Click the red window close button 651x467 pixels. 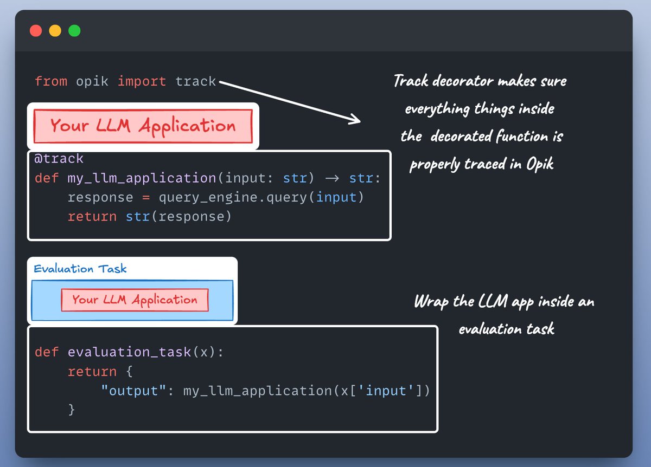point(36,31)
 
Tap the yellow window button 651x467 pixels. point(55,31)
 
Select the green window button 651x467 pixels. point(74,31)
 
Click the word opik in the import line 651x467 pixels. point(92,81)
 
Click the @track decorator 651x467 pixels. point(59,159)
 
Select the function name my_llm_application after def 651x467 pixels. point(142,178)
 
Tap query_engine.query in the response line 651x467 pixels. point(233,198)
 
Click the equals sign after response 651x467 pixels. point(146,198)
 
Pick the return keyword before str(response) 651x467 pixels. point(92,217)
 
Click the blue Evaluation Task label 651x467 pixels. point(80,269)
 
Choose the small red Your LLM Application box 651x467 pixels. point(135,300)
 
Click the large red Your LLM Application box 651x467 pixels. point(143,126)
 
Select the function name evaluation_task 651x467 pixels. point(129,352)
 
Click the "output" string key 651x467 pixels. point(133,391)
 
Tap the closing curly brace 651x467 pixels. point(72,410)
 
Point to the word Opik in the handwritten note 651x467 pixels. point(540,165)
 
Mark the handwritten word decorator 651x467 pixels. point(463,81)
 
